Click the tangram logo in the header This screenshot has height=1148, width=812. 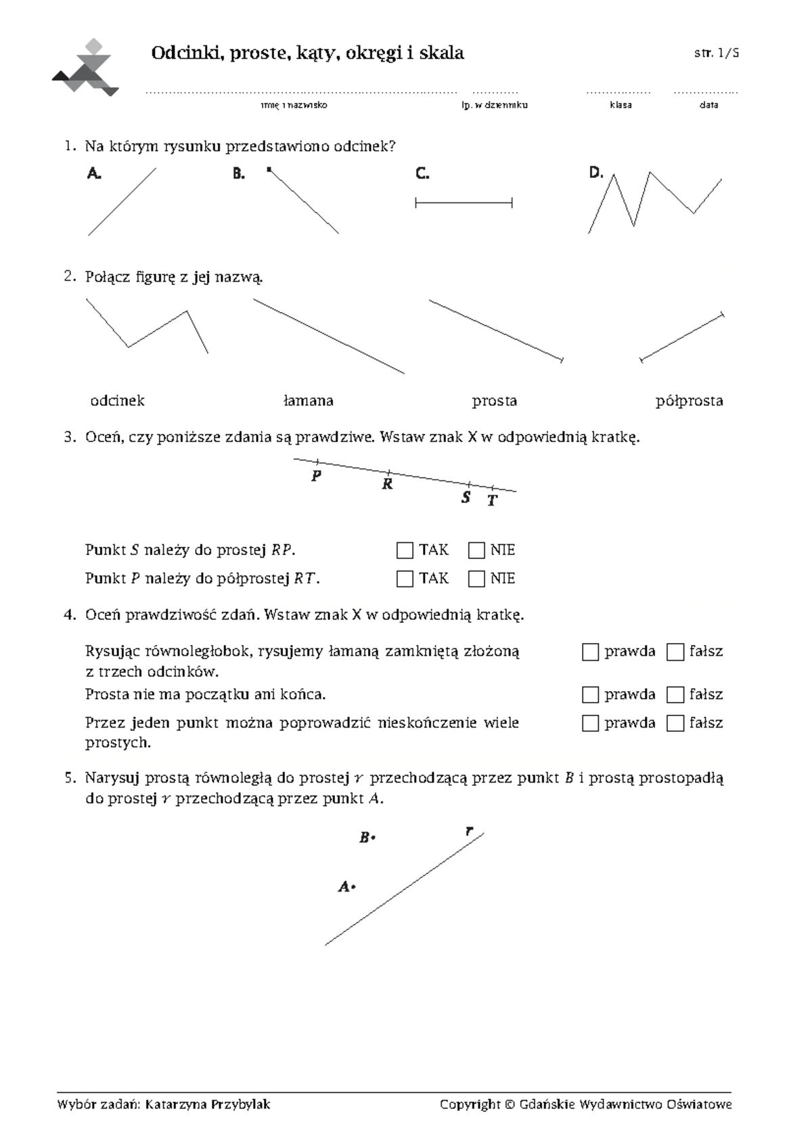[x=86, y=68]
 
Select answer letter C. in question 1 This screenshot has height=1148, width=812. [x=422, y=174]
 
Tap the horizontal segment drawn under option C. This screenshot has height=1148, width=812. [x=464, y=202]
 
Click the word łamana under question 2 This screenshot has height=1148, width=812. [x=308, y=401]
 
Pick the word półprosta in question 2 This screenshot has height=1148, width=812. [x=689, y=401]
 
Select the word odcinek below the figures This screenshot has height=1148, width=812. [x=117, y=401]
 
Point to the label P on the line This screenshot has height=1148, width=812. [x=316, y=477]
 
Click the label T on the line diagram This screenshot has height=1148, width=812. [x=492, y=501]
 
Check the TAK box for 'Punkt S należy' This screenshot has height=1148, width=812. [x=405, y=550]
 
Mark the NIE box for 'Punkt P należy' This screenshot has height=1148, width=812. [x=476, y=579]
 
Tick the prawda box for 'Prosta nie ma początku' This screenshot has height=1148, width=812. [x=590, y=695]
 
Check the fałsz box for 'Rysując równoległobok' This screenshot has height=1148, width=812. [x=675, y=653]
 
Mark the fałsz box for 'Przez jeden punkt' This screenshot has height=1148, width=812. [x=675, y=724]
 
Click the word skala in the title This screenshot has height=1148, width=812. [x=441, y=53]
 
